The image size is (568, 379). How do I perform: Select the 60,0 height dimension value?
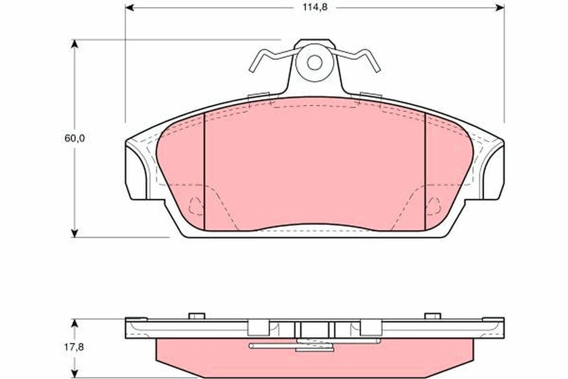[75, 138]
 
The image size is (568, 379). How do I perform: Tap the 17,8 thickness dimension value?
[75, 346]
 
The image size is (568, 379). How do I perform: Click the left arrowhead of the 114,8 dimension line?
[130, 8]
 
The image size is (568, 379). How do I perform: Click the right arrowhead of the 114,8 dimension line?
[501, 8]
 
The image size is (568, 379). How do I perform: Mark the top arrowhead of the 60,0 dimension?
[75, 44]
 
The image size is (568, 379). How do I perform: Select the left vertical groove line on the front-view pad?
[204, 171]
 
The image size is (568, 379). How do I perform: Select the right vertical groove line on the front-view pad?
[425, 171]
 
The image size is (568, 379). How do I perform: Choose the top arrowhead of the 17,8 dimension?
[75, 323]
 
